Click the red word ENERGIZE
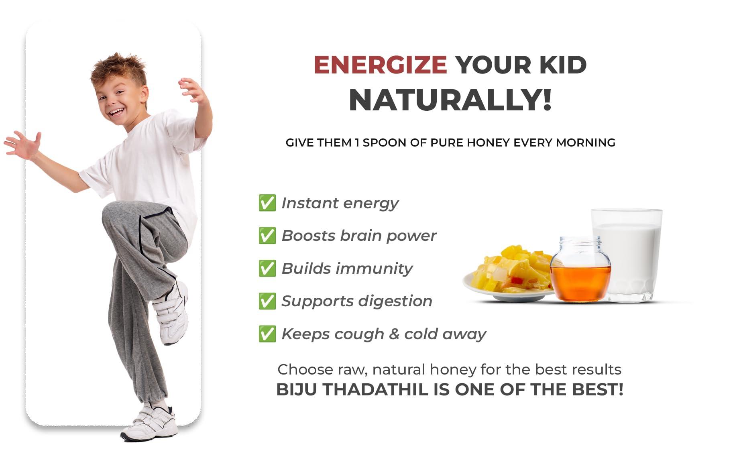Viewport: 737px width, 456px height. point(380,65)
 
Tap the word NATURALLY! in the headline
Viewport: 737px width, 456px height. point(450,100)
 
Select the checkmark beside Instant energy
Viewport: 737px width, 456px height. point(267,203)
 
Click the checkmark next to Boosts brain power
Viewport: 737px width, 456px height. point(267,236)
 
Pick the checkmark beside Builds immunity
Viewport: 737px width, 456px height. point(267,268)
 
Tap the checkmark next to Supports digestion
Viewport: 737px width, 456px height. point(267,301)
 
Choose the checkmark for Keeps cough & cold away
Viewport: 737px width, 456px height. point(267,334)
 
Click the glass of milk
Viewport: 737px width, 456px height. point(627,255)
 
